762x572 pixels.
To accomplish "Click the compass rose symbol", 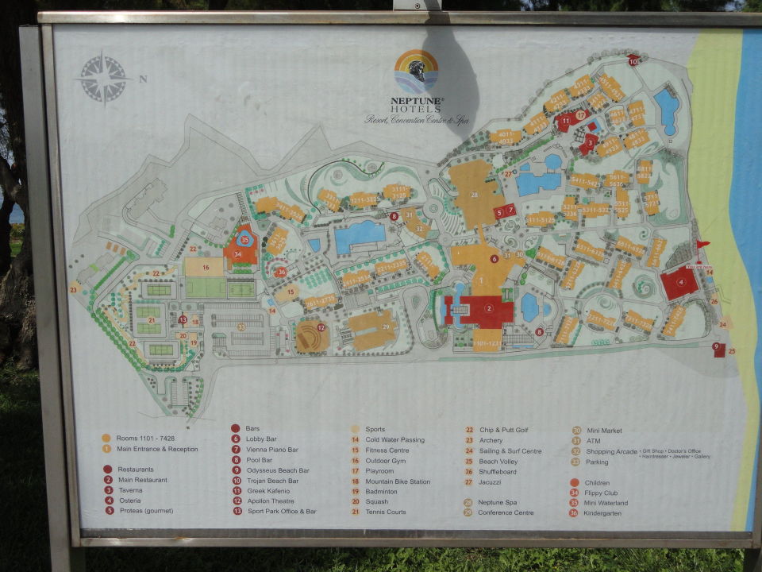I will [103, 78].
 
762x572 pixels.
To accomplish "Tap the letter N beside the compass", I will [143, 79].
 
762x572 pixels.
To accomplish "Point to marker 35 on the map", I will [244, 239].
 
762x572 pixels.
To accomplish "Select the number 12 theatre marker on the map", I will [321, 327].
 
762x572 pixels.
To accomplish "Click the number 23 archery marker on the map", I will [74, 290].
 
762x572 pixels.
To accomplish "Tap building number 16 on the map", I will [206, 268].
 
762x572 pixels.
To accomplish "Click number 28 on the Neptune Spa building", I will [475, 195].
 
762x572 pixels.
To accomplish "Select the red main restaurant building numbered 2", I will [489, 308].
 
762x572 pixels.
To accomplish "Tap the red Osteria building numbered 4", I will [680, 282].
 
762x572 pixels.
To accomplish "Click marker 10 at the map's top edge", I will [633, 60].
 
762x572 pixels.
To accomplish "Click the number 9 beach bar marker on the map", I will [716, 346].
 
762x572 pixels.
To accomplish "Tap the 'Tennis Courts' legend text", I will [385, 512].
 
